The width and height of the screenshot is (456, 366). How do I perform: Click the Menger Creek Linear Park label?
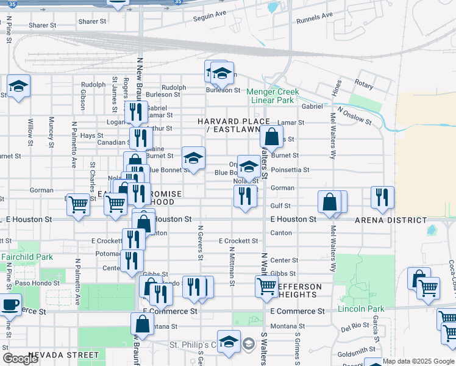pos(273,96)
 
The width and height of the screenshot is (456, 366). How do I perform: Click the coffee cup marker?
pos(10,304)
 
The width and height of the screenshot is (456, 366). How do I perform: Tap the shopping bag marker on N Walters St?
pos(271,137)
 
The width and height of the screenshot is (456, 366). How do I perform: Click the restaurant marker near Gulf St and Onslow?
pos(382,196)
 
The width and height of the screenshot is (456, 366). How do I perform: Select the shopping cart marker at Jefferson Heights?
pos(266,286)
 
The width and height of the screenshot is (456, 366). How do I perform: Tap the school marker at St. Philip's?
pos(229,341)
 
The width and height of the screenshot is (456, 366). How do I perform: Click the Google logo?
pos(20,359)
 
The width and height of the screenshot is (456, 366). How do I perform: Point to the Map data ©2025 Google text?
pos(418,361)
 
